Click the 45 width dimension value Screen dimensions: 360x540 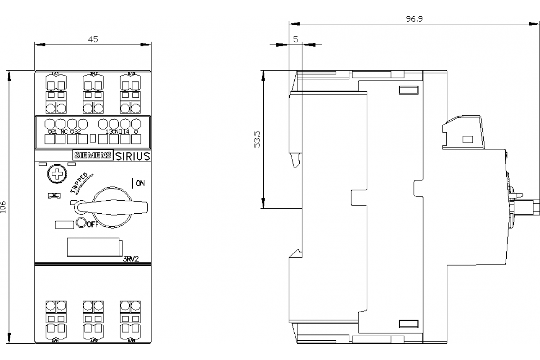(93, 40)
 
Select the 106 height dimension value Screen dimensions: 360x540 (4, 207)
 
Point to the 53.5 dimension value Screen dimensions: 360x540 (257, 139)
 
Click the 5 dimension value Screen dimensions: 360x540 (295, 40)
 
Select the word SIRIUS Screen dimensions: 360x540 (133, 156)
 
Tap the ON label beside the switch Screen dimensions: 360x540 (140, 183)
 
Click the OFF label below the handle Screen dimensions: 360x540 (92, 225)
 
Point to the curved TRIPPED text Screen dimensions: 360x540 (81, 183)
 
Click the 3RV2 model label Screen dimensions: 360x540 (130, 259)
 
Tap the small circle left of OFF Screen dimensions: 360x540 (81, 222)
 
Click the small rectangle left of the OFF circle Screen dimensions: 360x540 (64, 225)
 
